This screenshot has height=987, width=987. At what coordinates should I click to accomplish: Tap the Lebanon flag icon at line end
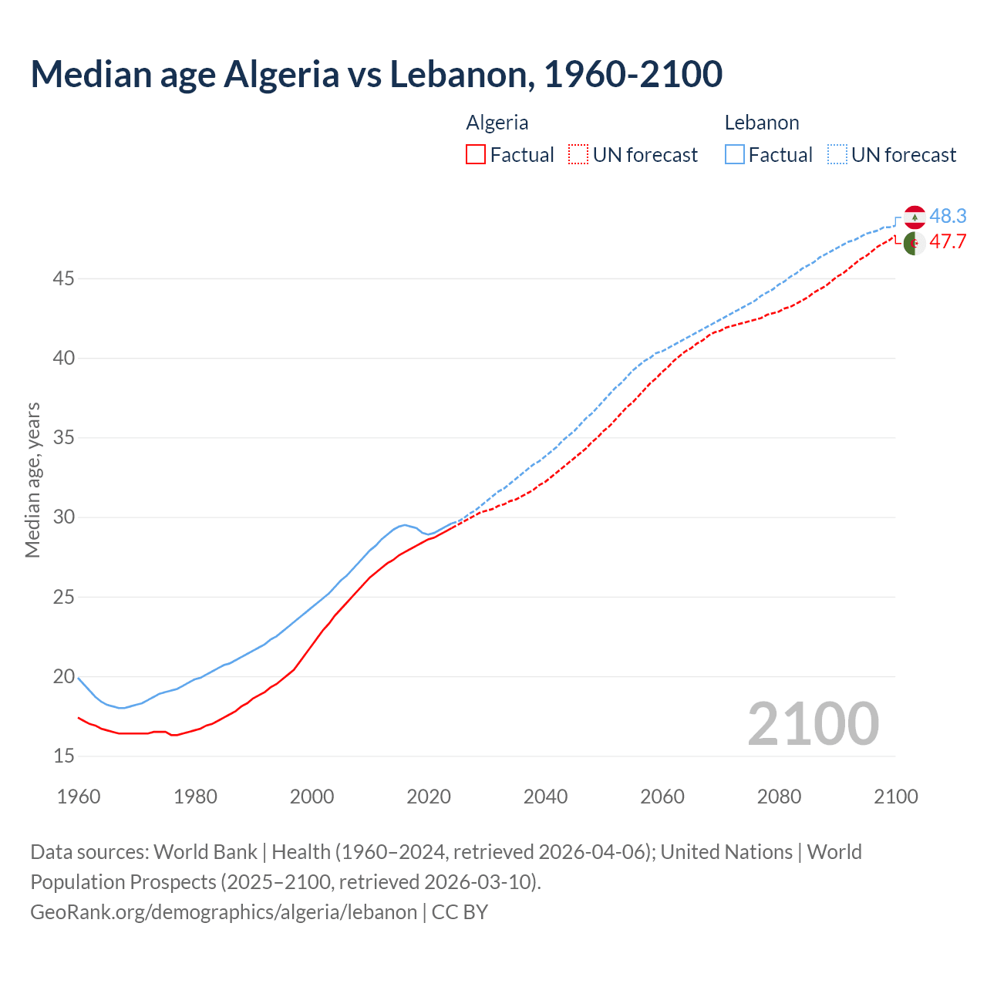pyautogui.click(x=915, y=217)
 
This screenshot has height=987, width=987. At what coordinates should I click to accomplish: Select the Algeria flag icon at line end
pyautogui.click(x=915, y=243)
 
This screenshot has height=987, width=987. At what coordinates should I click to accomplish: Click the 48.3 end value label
pyautogui.click(x=948, y=216)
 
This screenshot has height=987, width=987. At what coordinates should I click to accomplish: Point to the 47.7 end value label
pyautogui.click(x=948, y=242)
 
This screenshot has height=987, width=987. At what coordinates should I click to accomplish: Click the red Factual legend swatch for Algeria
pyautogui.click(x=476, y=155)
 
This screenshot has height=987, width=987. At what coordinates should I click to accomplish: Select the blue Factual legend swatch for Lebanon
pyautogui.click(x=735, y=155)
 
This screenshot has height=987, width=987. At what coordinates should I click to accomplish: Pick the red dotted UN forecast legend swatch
pyautogui.click(x=578, y=155)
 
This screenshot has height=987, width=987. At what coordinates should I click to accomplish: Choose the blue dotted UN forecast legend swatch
pyautogui.click(x=837, y=155)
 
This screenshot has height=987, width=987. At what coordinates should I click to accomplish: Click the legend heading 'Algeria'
pyautogui.click(x=497, y=123)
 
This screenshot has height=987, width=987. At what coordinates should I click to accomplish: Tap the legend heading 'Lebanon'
pyautogui.click(x=762, y=123)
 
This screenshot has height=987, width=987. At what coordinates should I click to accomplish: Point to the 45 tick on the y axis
pyautogui.click(x=63, y=278)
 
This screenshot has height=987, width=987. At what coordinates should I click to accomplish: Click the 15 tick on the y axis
pyautogui.click(x=63, y=756)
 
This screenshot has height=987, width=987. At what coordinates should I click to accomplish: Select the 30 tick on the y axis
pyautogui.click(x=63, y=517)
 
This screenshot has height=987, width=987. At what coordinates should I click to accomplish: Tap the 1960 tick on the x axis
pyautogui.click(x=79, y=797)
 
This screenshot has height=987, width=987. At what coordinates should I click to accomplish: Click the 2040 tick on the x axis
pyautogui.click(x=545, y=797)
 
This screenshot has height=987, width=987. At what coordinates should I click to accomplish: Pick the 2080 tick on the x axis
pyautogui.click(x=779, y=797)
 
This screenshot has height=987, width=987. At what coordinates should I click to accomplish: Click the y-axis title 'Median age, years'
pyautogui.click(x=32, y=480)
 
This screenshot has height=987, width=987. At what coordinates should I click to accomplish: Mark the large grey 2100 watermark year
pyautogui.click(x=813, y=724)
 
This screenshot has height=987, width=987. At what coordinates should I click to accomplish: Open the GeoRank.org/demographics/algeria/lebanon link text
pyautogui.click(x=224, y=912)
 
